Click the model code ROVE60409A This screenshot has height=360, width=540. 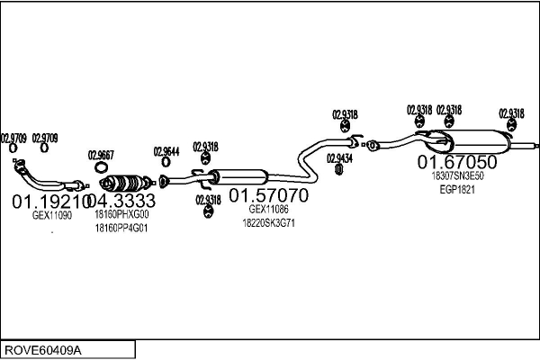tap(42, 348)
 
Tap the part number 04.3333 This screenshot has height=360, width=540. tap(122, 200)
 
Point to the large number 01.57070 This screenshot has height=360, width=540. tap(267, 194)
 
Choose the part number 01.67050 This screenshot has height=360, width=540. tap(456, 162)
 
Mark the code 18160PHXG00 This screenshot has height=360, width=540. tap(121, 216)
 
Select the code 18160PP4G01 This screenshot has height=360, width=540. tap(121, 229)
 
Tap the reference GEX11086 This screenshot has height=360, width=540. tap(269, 210)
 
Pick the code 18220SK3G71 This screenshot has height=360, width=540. tap(269, 222)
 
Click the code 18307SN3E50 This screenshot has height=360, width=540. tap(457, 176)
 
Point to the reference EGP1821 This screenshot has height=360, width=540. tap(457, 190)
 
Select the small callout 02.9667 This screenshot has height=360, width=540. tap(101, 154)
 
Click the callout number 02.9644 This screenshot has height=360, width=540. tap(166, 151)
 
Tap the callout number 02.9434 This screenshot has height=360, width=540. tap(339, 158)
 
